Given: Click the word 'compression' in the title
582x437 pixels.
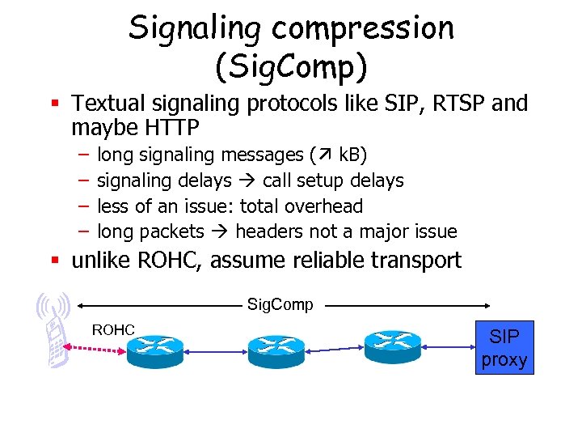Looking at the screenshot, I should (x=363, y=28).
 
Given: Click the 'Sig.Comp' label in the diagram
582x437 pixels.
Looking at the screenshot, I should (x=280, y=305).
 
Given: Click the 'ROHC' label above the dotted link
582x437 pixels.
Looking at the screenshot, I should (x=113, y=329).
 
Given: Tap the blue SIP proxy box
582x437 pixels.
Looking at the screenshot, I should (x=504, y=347).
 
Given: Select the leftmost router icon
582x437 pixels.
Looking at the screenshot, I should (x=154, y=347).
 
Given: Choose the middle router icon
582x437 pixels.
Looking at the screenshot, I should (x=276, y=348).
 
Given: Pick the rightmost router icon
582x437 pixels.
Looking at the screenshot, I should (x=393, y=346).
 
